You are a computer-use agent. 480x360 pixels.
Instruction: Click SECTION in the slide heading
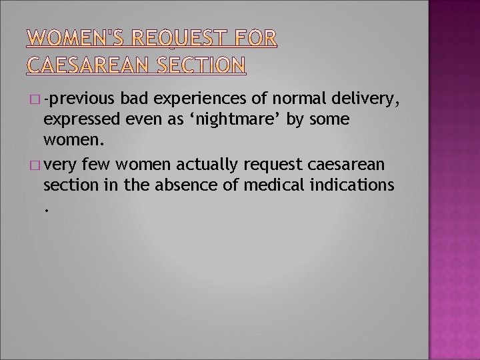click(202, 65)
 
